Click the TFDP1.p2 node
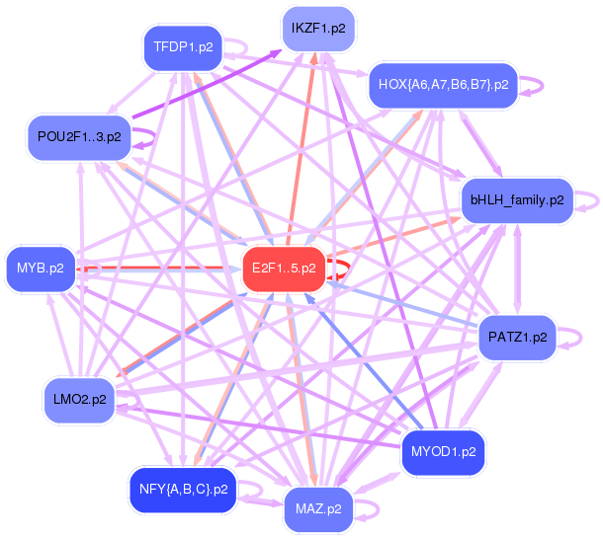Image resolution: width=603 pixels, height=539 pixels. pyautogui.click(x=183, y=46)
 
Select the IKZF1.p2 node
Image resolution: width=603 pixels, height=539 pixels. pyautogui.click(x=318, y=29)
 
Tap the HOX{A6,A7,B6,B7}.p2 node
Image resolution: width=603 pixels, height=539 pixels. pyautogui.click(x=443, y=85)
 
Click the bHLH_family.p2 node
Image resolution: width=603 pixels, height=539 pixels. pyautogui.click(x=517, y=200)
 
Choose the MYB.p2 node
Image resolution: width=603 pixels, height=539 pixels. pyautogui.click(x=41, y=268)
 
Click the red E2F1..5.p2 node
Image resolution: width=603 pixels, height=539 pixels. pyautogui.click(x=284, y=268)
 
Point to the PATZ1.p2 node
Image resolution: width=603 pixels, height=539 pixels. pyautogui.click(x=517, y=338)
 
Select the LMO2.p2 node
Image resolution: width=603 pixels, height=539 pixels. pyautogui.click(x=80, y=399)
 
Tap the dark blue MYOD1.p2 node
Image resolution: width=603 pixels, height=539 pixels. pyautogui.click(x=443, y=452)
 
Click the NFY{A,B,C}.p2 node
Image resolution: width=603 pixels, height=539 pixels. pyautogui.click(x=183, y=489)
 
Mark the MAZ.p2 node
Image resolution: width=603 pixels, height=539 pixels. pyautogui.click(x=318, y=509)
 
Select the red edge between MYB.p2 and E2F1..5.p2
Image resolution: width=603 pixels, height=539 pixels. pyautogui.click(x=158, y=268)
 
